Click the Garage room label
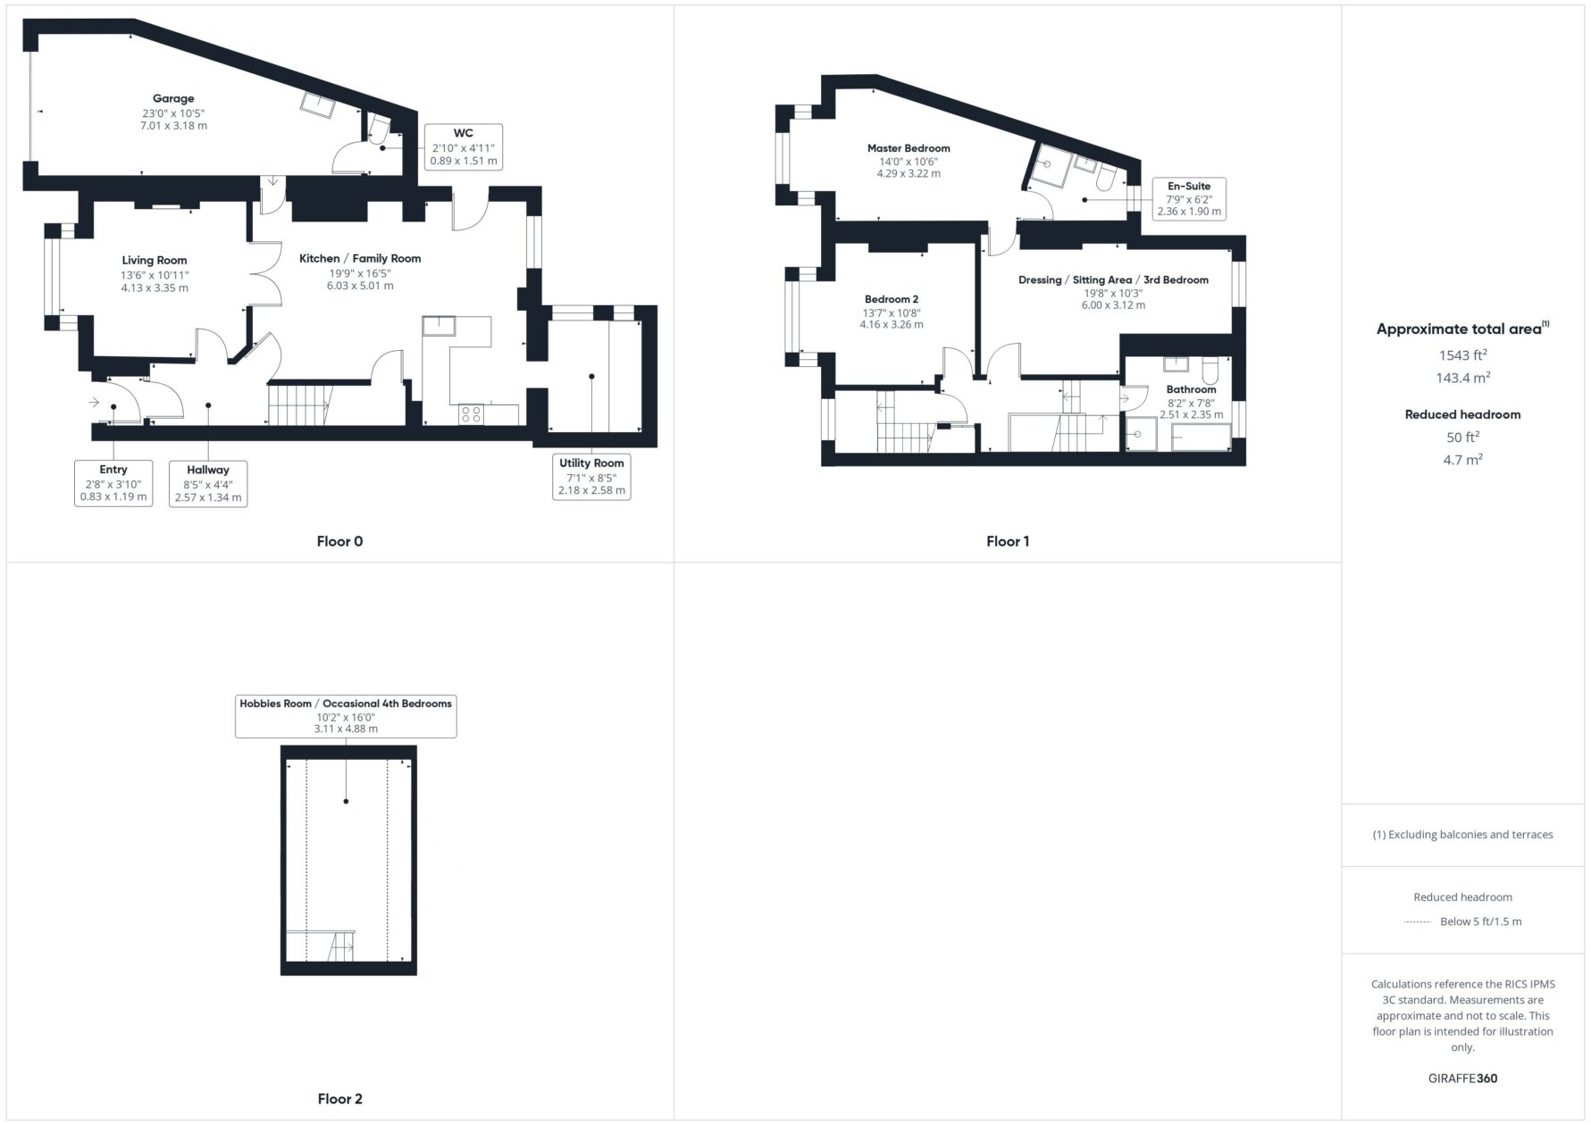pyautogui.click(x=173, y=98)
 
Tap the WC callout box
pyautogui.click(x=464, y=147)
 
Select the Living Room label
pyautogui.click(x=155, y=261)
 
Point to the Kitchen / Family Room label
pyautogui.click(x=360, y=258)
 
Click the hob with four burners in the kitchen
pyautogui.click(x=472, y=414)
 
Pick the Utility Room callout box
pyautogui.click(x=591, y=477)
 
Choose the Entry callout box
pyautogui.click(x=113, y=483)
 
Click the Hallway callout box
pyautogui.click(x=208, y=483)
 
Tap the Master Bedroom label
pyautogui.click(x=909, y=148)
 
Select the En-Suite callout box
pyautogui.click(x=1189, y=198)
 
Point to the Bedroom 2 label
pyautogui.click(x=892, y=299)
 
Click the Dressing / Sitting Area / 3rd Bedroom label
pyautogui.click(x=1113, y=279)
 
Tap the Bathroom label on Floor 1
pyautogui.click(x=1191, y=389)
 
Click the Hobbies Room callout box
pyautogui.click(x=346, y=716)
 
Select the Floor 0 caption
pyautogui.click(x=339, y=541)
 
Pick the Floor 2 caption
pyautogui.click(x=339, y=1099)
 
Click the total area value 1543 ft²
pyautogui.click(x=1462, y=354)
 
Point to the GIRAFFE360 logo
pyautogui.click(x=1462, y=1078)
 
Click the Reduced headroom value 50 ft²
pyautogui.click(x=1462, y=437)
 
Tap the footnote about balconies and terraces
pyautogui.click(x=1462, y=835)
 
